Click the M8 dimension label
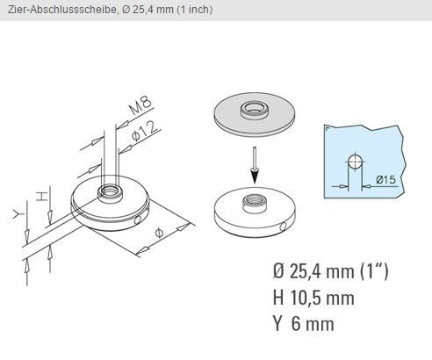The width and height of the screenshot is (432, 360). tap(141, 104)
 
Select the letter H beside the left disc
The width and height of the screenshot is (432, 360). tap(42, 196)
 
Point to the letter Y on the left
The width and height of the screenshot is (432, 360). tap(18, 214)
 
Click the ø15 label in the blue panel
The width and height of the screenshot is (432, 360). tap(386, 179)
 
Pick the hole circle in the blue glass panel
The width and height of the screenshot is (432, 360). tap(355, 162)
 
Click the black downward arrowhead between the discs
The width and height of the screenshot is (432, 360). tap(256, 176)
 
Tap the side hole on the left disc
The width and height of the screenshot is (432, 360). tap(137, 220)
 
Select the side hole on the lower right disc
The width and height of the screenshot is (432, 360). tap(283, 227)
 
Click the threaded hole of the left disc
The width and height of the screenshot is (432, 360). tap(110, 193)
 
